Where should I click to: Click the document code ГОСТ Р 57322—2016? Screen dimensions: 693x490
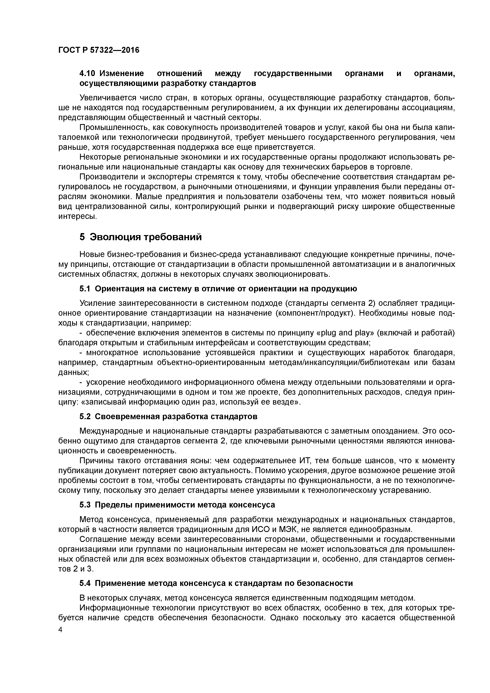tap(99, 50)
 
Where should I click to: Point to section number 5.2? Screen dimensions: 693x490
tap(85, 416)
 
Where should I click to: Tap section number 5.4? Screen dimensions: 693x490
tap(85, 583)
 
